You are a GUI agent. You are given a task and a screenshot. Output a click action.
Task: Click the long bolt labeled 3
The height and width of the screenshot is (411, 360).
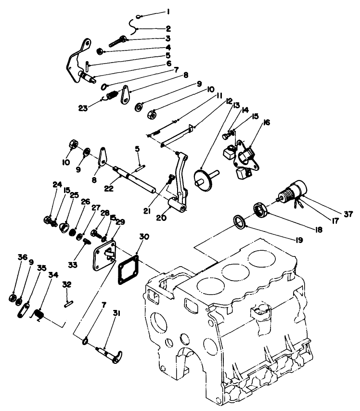[113, 41]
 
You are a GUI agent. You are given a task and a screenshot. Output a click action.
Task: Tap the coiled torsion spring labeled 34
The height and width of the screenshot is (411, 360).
[40, 315]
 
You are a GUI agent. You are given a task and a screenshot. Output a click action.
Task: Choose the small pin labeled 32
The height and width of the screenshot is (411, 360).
[68, 303]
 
